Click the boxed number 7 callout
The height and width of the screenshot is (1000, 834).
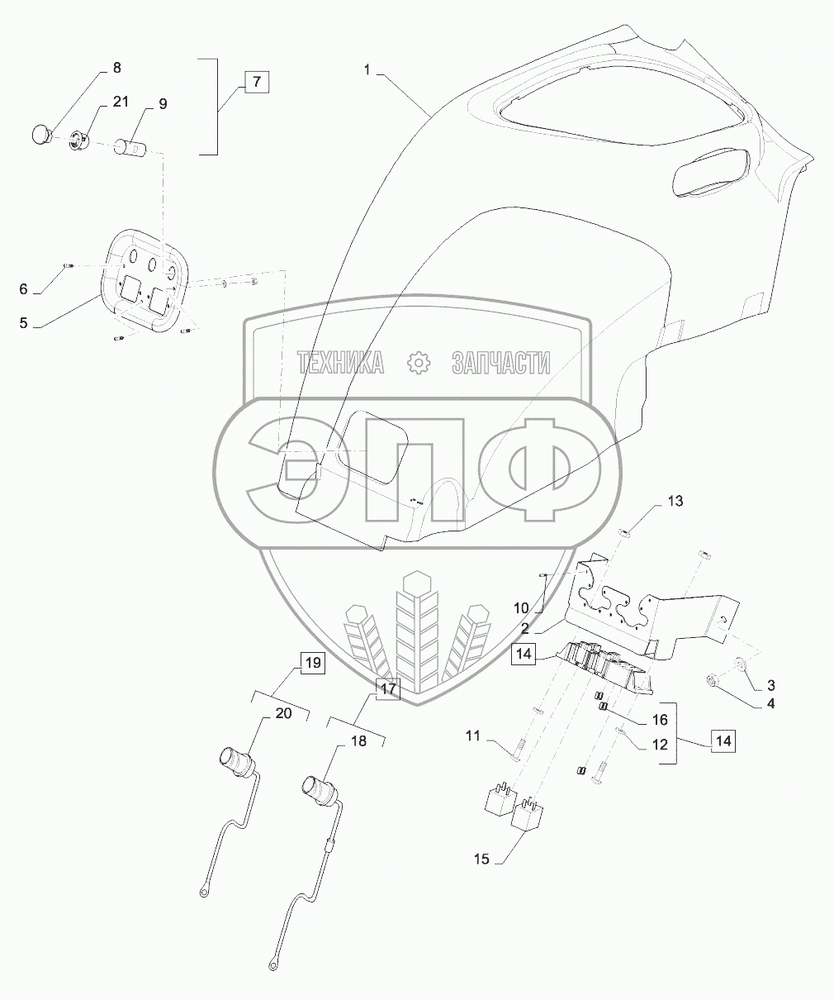[256, 82]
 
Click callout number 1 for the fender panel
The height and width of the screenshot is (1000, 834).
[367, 70]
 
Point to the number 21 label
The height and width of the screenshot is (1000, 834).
[121, 102]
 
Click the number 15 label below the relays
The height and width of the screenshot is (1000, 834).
[481, 860]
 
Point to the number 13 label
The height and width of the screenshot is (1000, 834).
[675, 502]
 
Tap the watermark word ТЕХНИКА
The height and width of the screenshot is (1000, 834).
[340, 361]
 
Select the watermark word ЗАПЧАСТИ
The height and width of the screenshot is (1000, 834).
[500, 361]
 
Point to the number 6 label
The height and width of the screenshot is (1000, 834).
[24, 288]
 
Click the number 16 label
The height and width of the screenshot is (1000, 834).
[660, 720]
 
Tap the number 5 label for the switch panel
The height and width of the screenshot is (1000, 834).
[24, 323]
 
